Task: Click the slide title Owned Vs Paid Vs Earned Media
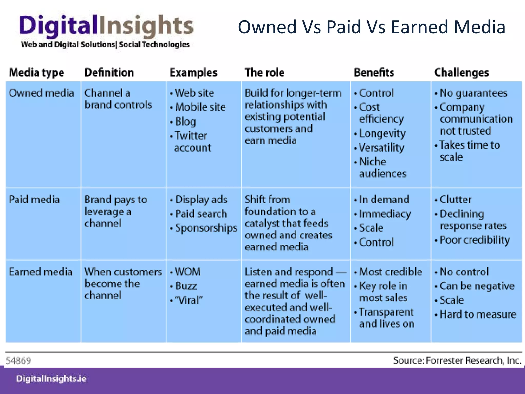tap(371, 27)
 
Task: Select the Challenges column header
tap(461, 73)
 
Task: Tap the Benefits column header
tap(374, 73)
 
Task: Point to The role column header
tap(265, 73)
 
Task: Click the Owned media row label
tap(41, 93)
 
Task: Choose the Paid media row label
tap(34, 200)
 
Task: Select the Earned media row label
tap(41, 272)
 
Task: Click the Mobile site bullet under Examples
tap(200, 107)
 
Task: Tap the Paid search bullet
tap(201, 214)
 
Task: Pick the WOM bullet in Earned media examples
tap(188, 272)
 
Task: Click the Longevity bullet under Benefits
tap(382, 133)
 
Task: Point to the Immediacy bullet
tap(385, 214)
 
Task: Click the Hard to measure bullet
tap(478, 314)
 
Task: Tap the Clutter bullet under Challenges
tap(455, 200)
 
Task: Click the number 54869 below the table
tap(18, 361)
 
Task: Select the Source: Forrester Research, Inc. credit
tap(457, 361)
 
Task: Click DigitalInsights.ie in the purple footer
tap(51, 379)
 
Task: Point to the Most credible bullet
tap(390, 272)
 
